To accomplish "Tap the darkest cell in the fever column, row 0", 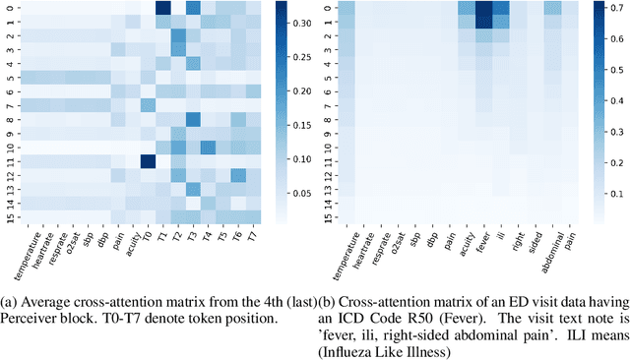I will (483, 8).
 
